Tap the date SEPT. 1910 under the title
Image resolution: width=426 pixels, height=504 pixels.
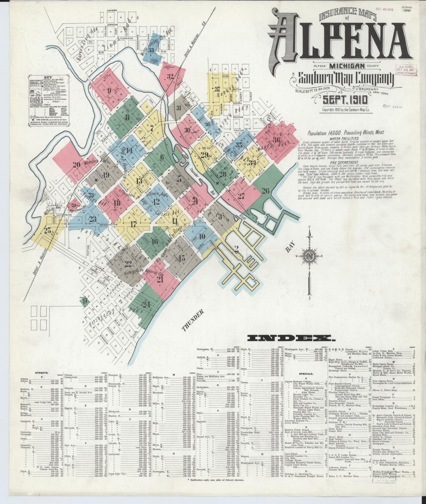345,100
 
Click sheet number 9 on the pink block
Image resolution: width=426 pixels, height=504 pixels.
109,90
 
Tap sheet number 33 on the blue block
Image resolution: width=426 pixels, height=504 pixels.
151,50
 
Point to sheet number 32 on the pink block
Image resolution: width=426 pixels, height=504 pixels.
170,77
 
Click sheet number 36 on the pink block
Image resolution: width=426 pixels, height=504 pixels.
276,140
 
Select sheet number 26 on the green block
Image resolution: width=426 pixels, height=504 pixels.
265,191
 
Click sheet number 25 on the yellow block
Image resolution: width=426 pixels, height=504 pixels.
47,231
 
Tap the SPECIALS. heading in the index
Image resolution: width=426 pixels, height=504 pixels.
304,372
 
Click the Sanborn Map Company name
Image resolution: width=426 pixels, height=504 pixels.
342,78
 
